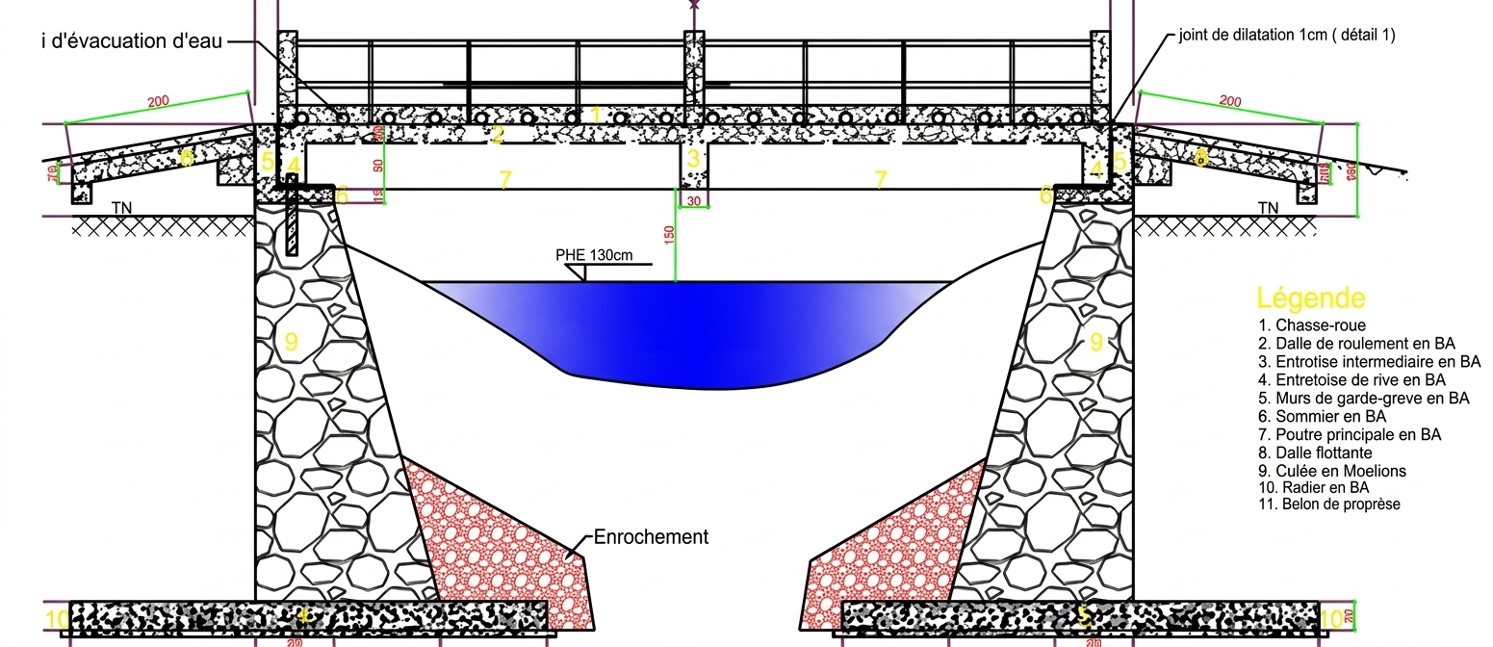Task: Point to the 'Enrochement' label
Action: tap(651, 537)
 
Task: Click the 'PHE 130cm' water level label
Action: tap(594, 255)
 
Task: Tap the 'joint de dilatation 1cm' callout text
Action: tap(1286, 36)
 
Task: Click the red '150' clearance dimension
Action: tap(670, 233)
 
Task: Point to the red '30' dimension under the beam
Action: tap(694, 200)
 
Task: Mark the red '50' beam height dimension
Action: tap(378, 165)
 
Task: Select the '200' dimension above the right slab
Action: tap(1229, 101)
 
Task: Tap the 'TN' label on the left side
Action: tap(122, 208)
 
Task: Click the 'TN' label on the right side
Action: tap(1268, 208)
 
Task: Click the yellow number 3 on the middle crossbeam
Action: tap(692, 158)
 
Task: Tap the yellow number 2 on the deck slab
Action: tap(497, 136)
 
